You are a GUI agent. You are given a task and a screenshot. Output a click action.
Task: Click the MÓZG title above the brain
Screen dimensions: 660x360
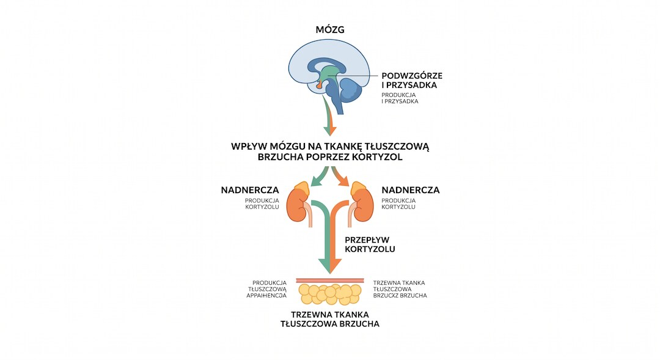[x=330, y=29]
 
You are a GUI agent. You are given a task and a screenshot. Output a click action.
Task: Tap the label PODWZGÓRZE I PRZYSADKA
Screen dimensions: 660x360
[x=412, y=81]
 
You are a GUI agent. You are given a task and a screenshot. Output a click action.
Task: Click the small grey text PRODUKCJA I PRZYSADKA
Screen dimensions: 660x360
[x=400, y=98]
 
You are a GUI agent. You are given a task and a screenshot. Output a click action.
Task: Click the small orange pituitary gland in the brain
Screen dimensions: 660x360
[x=318, y=86]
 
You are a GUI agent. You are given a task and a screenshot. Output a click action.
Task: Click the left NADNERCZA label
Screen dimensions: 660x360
[x=250, y=190]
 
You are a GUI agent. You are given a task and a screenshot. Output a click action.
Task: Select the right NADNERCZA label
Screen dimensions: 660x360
[x=411, y=190]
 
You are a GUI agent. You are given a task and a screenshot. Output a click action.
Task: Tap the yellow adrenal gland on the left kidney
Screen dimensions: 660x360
[x=301, y=188]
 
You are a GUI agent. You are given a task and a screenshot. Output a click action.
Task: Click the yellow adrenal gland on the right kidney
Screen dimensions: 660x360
[x=359, y=188]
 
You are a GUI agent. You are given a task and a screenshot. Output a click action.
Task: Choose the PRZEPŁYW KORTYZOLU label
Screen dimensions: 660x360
[x=370, y=244]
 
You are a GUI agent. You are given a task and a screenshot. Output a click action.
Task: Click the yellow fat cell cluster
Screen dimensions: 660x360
[x=330, y=294]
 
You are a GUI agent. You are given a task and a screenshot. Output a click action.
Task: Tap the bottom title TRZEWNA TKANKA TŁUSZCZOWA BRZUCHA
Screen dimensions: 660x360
[x=330, y=319]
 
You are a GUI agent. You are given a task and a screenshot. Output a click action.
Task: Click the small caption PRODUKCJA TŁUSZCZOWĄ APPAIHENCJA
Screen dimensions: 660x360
[x=266, y=289]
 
